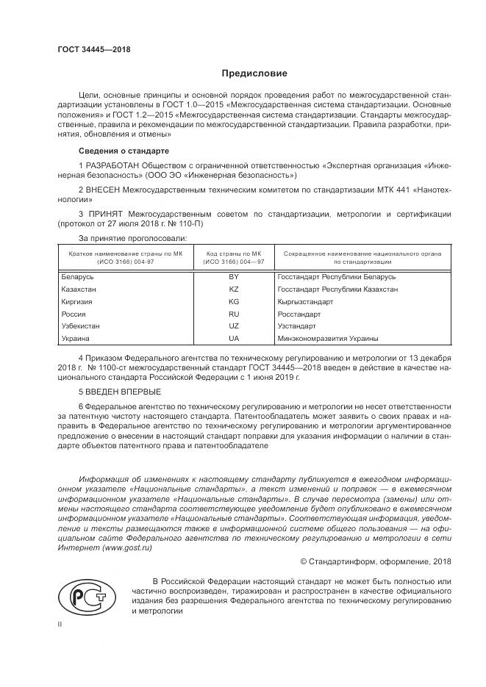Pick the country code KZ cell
tap(234, 289)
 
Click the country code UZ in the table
tap(234, 325)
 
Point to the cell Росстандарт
tap(299, 314)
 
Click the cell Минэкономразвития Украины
tap(328, 338)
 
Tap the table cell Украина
tap(76, 338)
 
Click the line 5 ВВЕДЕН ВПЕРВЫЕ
tap(118, 391)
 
